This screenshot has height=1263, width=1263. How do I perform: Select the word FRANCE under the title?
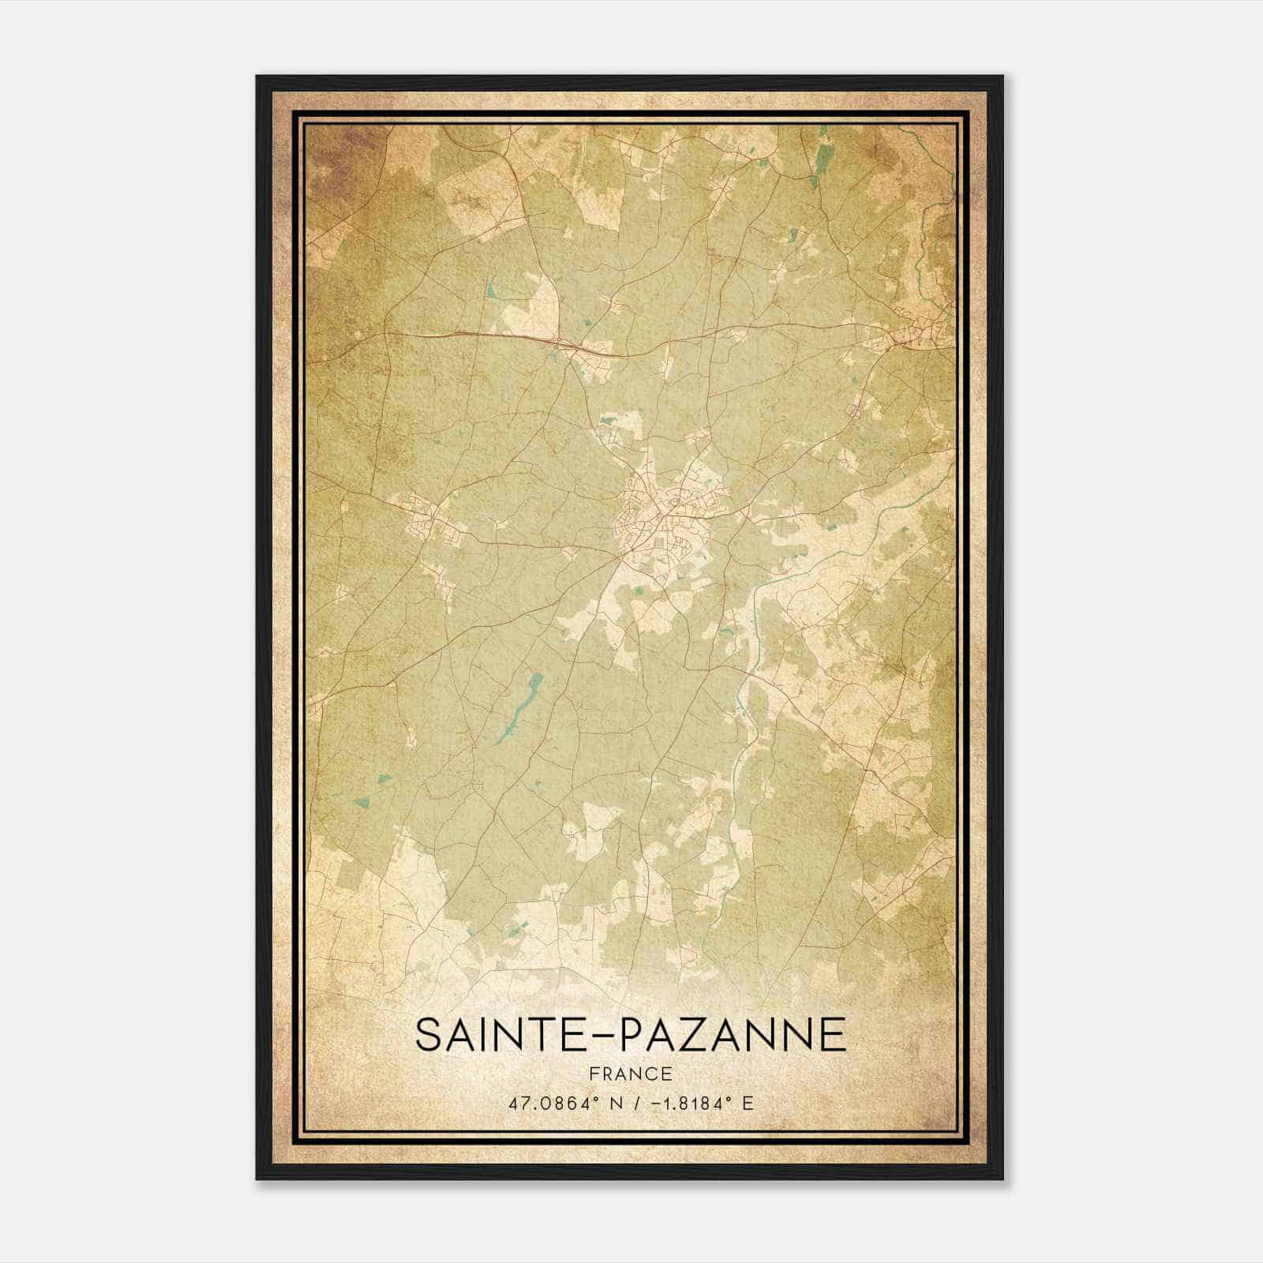pos(631,1074)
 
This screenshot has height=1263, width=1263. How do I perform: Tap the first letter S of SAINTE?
pos(429,1035)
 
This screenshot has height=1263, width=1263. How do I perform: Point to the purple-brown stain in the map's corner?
pos(332,158)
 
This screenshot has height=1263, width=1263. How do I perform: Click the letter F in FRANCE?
pos(594,1074)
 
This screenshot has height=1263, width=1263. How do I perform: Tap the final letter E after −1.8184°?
pos(748,1102)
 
